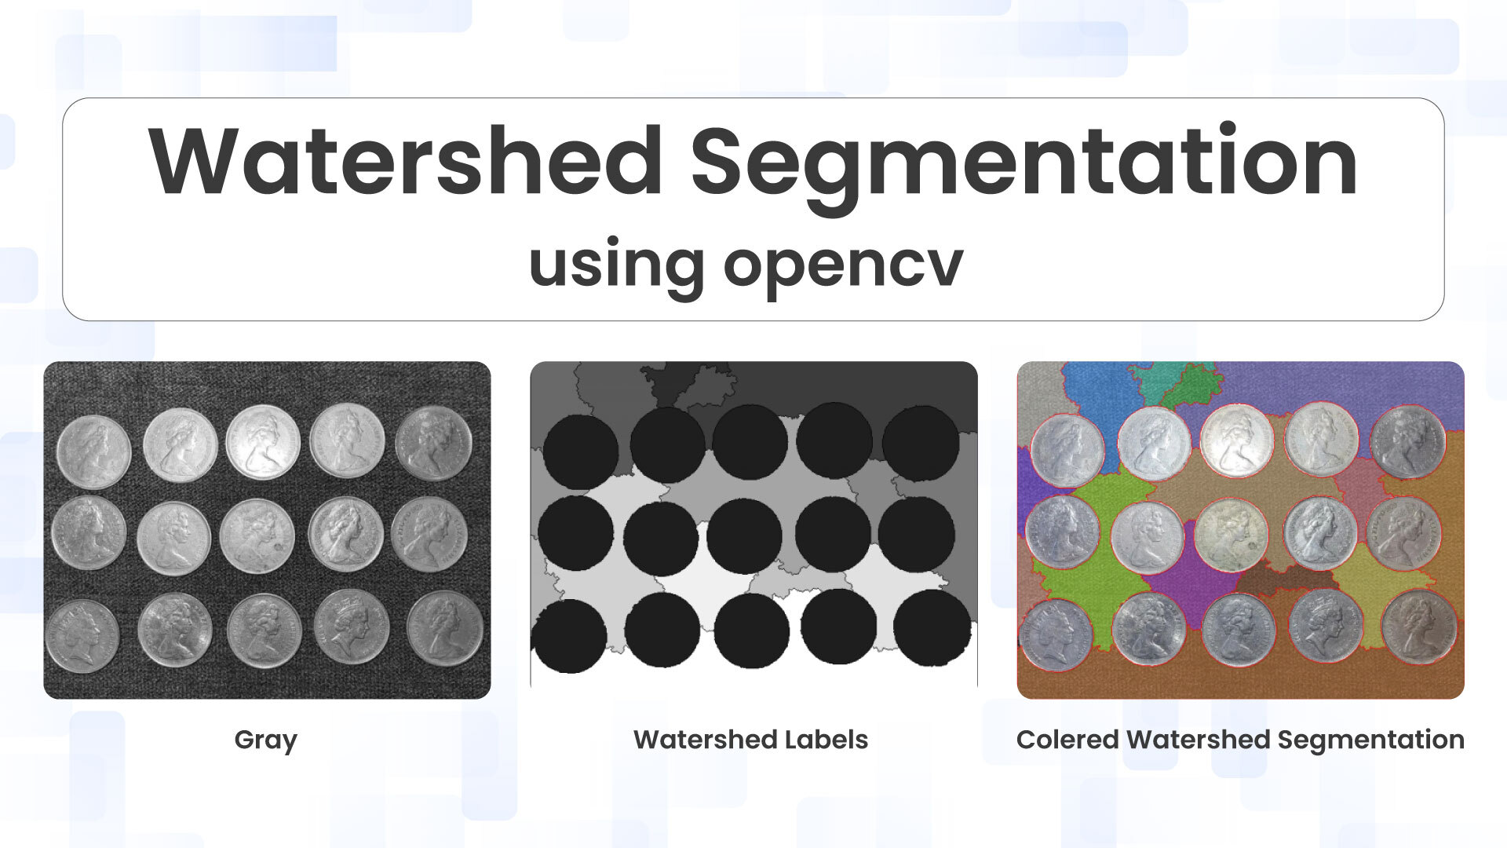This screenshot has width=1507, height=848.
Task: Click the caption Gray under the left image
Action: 266,740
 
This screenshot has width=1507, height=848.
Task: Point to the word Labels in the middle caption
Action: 824,740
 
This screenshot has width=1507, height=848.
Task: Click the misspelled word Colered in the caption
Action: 1067,740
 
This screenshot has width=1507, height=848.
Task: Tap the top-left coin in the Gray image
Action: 93,452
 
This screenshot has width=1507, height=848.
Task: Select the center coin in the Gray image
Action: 257,536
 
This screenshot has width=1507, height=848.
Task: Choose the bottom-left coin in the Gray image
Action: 82,636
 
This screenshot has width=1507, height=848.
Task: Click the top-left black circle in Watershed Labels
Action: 581,452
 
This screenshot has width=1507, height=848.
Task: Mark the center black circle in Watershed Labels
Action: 745,536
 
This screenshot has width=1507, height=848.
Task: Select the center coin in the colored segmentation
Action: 1232,536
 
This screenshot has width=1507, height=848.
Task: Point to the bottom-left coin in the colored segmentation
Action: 1056,636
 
